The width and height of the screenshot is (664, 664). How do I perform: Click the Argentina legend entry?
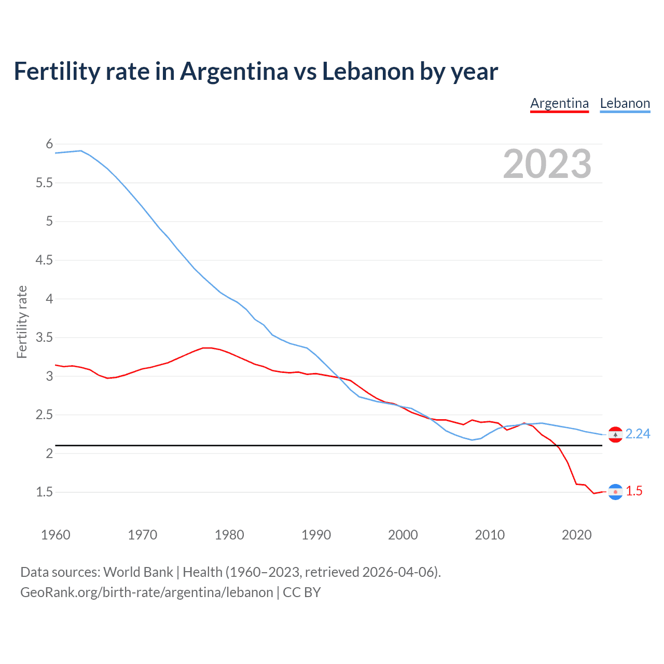coord(559,104)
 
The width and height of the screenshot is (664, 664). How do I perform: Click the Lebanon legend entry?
coord(625,104)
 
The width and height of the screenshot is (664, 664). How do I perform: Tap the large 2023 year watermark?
coord(547,164)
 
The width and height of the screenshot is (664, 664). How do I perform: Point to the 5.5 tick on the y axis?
coord(44,183)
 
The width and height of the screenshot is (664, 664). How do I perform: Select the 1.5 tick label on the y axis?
coord(44,492)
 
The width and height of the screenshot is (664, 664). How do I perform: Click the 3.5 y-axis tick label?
coord(44,338)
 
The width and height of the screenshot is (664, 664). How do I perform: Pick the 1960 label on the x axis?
coord(56,535)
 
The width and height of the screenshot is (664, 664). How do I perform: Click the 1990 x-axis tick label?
coord(316,535)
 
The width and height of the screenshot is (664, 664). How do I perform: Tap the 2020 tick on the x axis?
coord(576,535)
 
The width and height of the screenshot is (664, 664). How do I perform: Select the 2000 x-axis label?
coord(403,535)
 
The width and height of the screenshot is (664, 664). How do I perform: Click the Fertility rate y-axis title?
coord(22,322)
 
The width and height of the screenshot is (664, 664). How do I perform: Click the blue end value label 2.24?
coord(638,434)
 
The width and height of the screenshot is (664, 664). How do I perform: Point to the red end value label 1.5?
coord(634,491)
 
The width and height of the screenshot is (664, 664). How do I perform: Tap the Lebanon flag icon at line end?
coord(615,435)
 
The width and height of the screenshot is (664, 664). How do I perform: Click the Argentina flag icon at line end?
coord(615,492)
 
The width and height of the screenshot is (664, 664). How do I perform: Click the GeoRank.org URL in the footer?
coord(146,592)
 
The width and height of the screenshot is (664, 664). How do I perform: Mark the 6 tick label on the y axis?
coord(49,144)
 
